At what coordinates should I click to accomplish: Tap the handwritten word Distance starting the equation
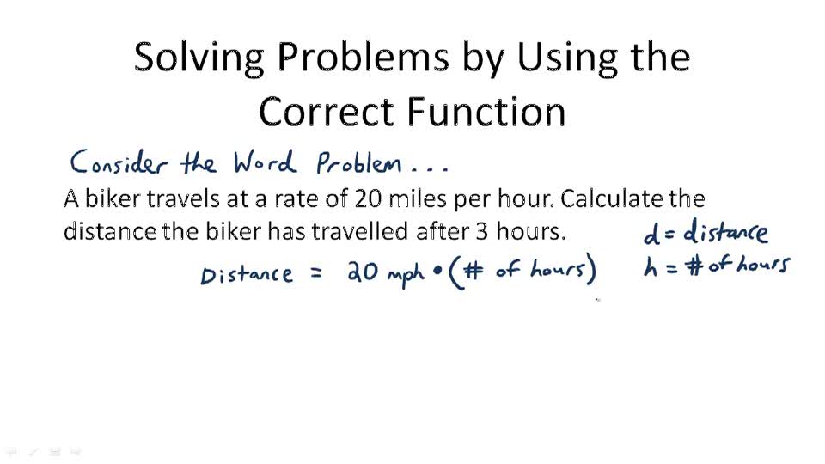[x=247, y=274]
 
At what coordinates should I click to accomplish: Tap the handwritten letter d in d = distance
[x=651, y=234]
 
